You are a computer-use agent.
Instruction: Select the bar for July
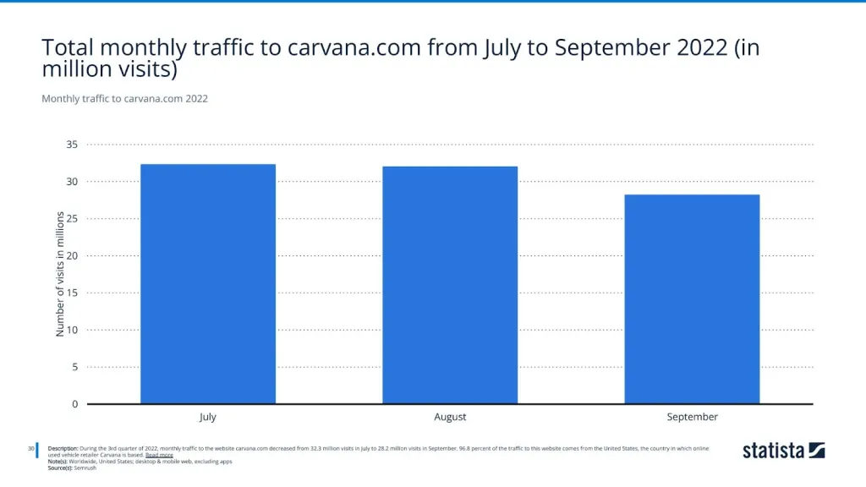click(208, 284)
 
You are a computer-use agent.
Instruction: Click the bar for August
click(450, 285)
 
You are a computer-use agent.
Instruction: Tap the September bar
click(692, 299)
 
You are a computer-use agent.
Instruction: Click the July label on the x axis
click(208, 417)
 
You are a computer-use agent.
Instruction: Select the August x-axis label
click(450, 417)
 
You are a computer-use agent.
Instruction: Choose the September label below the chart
click(692, 417)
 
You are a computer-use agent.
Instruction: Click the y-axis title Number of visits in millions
click(60, 274)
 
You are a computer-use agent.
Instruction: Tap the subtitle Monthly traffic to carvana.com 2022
click(124, 99)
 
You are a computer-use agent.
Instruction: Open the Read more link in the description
click(159, 455)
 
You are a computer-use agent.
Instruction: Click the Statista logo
click(783, 450)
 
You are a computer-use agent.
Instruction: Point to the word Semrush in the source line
click(85, 468)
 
